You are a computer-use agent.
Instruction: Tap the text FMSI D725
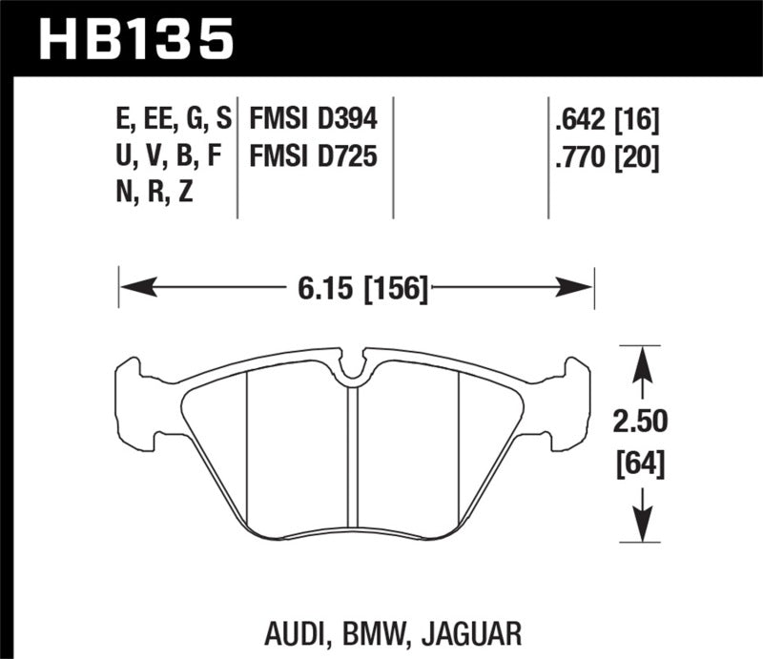313,155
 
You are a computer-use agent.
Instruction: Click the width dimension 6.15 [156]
356,286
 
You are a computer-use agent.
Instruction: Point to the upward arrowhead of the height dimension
641,360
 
